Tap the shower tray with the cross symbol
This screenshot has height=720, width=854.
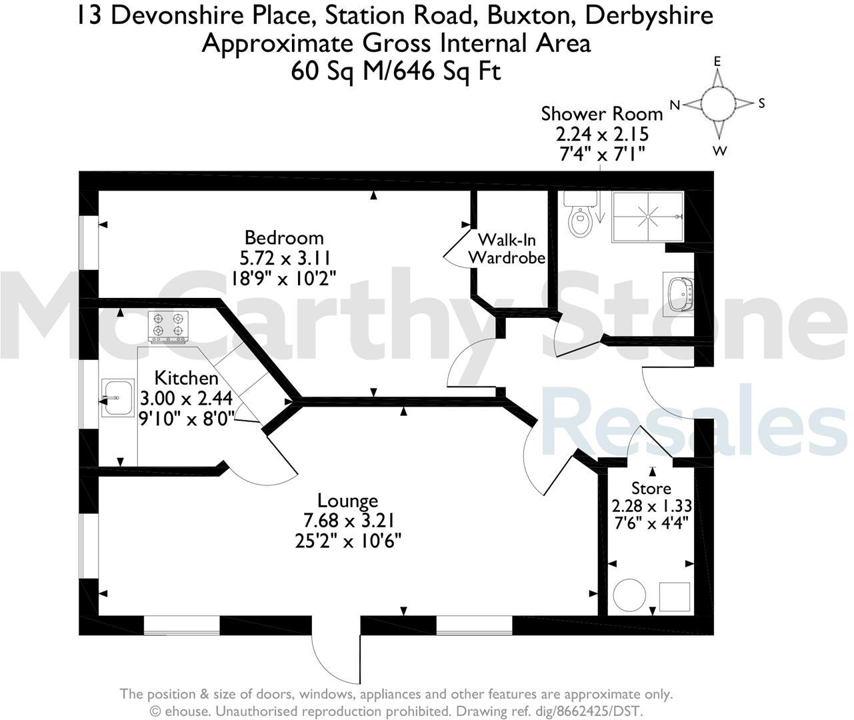(x=647, y=215)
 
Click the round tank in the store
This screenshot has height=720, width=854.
(x=629, y=593)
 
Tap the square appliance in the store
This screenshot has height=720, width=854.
(x=674, y=595)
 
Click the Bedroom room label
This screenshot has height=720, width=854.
(x=284, y=237)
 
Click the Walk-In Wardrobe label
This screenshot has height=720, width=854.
(x=507, y=248)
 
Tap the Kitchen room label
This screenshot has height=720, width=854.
(x=186, y=378)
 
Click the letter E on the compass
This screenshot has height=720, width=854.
(x=717, y=61)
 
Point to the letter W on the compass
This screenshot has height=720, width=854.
(x=719, y=151)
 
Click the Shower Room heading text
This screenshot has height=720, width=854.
(x=602, y=113)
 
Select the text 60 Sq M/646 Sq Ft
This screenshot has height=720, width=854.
(x=395, y=71)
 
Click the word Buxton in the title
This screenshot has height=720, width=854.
(x=485, y=15)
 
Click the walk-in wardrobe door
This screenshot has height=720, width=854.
(x=458, y=248)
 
